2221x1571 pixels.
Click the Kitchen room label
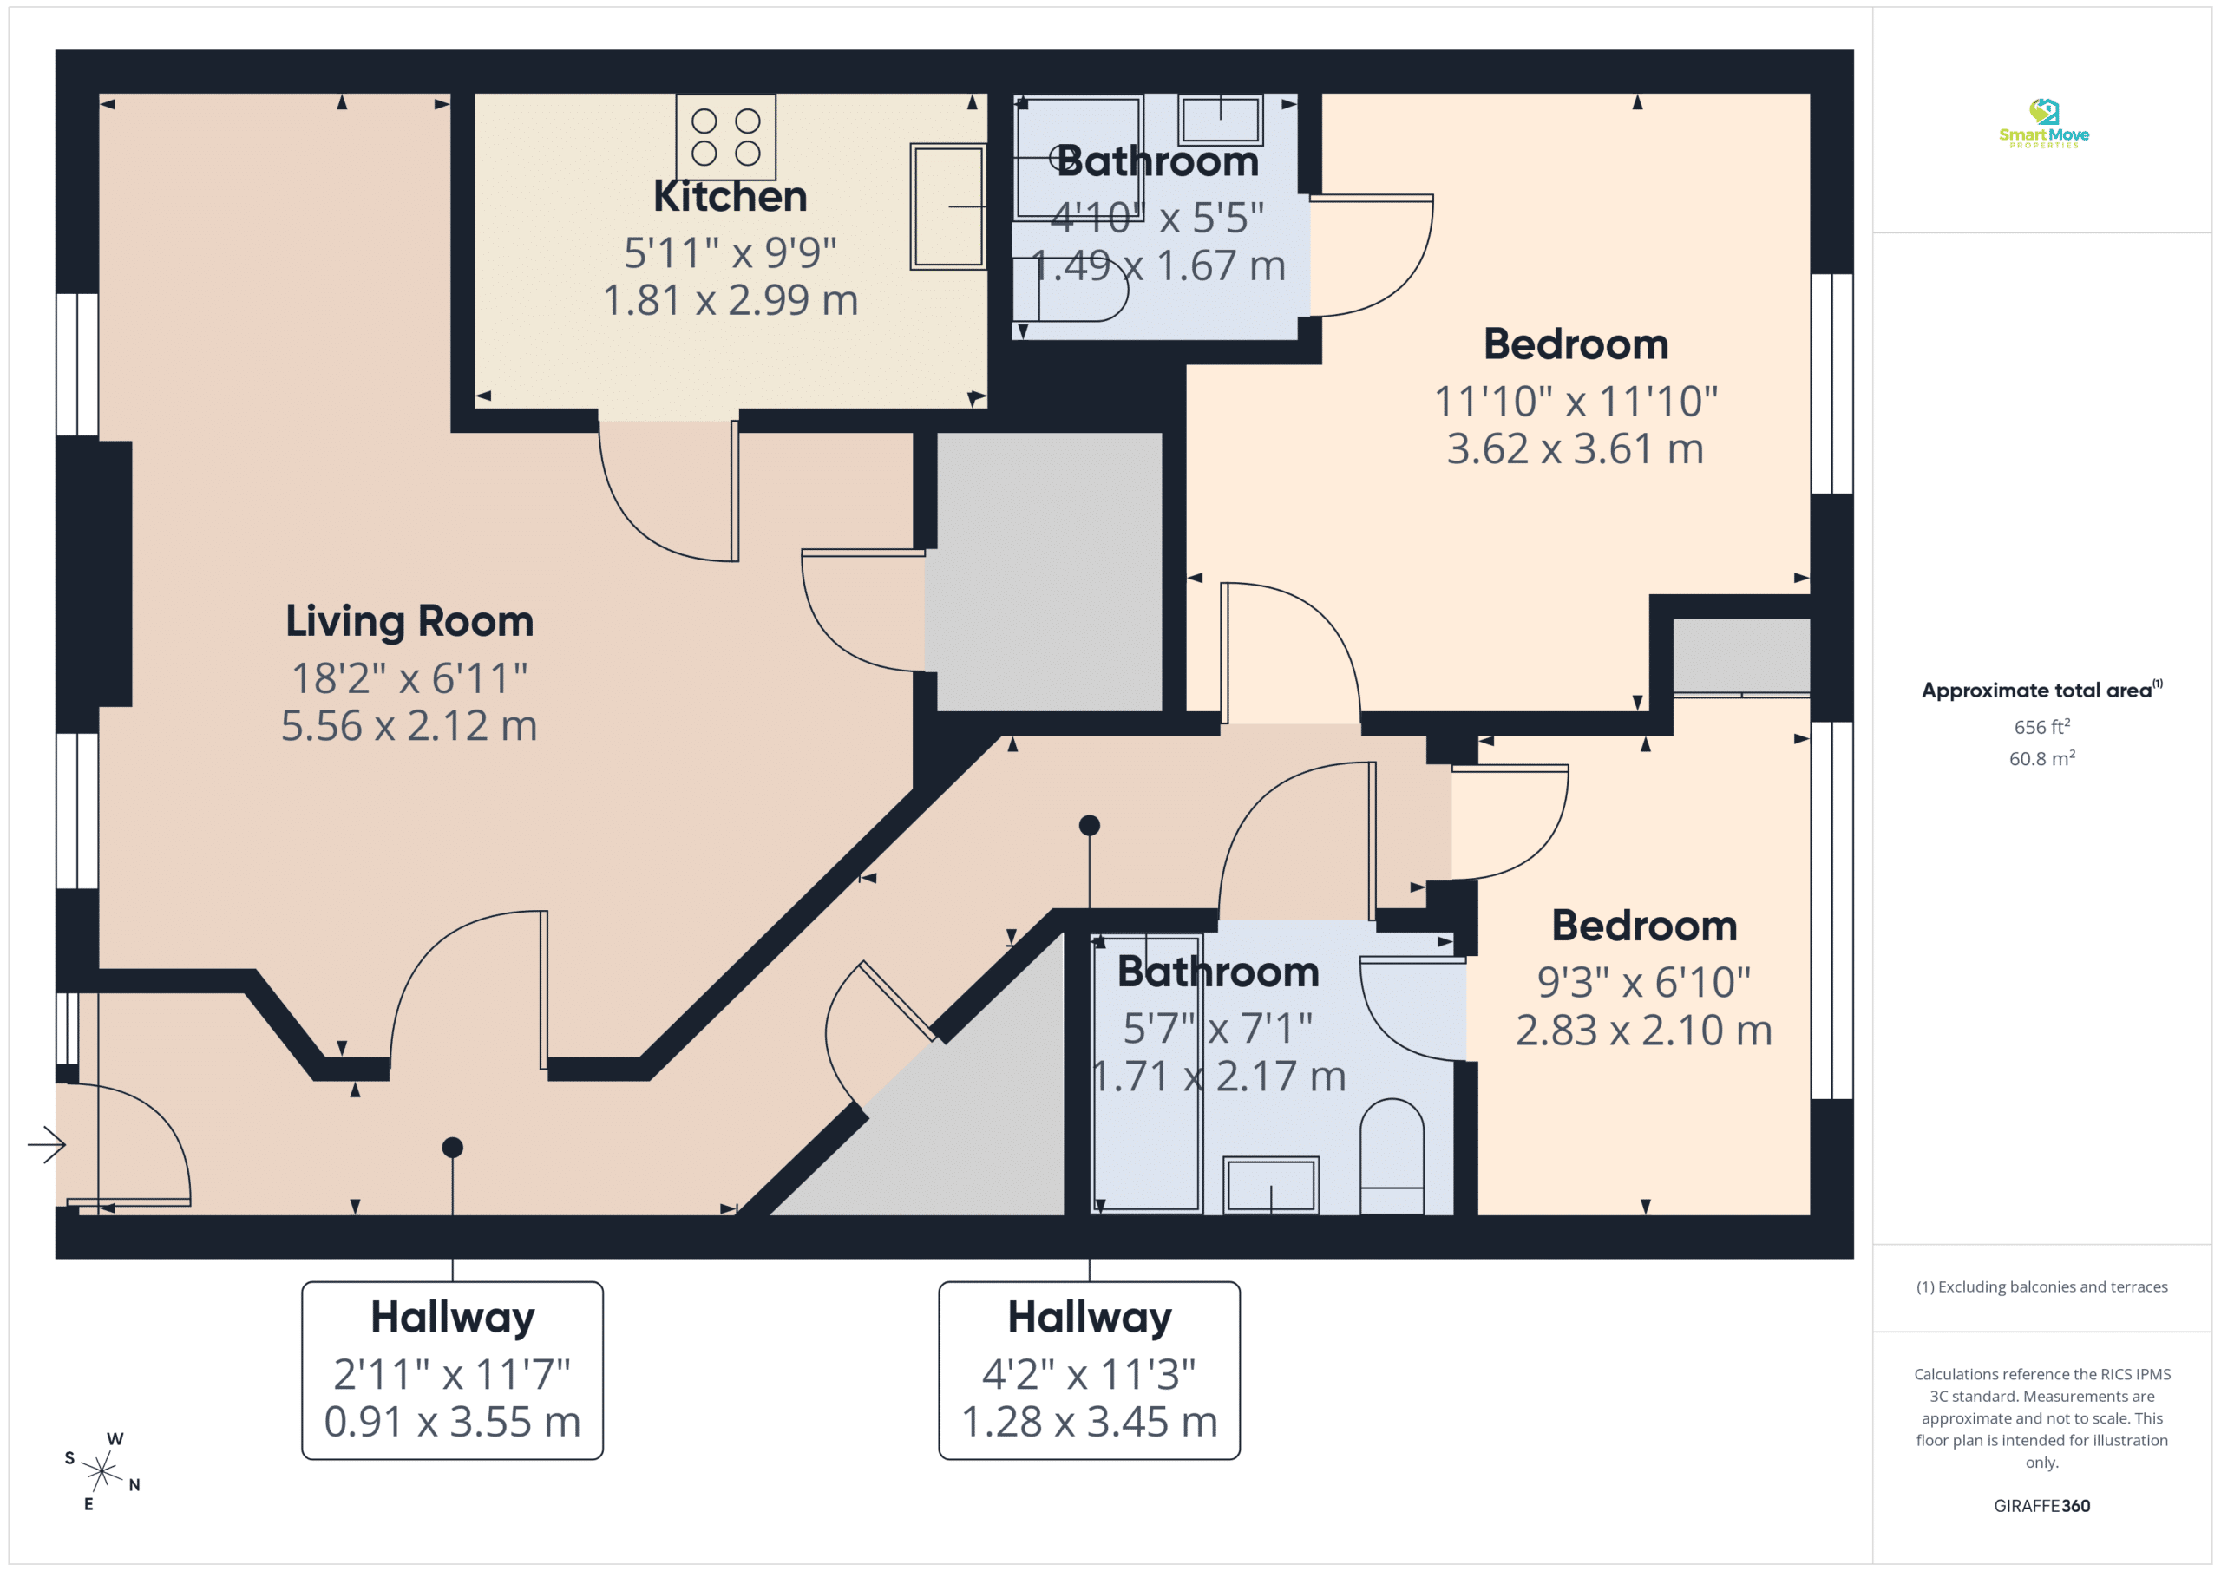tap(731, 196)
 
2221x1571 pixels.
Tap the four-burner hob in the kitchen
tap(725, 136)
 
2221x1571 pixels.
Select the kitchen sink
tap(948, 206)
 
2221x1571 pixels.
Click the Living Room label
tap(409, 622)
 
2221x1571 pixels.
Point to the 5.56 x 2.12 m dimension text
tap(409, 725)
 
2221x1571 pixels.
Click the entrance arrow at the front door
tap(47, 1145)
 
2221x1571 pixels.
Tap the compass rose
tap(102, 1471)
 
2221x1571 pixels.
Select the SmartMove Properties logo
tap(2044, 124)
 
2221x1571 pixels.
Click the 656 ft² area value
tap(2042, 726)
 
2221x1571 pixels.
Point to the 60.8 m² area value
tap(2042, 758)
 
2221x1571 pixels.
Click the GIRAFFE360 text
tap(2042, 1505)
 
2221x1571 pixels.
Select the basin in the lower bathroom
tap(1271, 1185)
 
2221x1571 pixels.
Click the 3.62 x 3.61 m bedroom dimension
tap(1576, 448)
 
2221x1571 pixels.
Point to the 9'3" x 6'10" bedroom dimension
tap(1644, 983)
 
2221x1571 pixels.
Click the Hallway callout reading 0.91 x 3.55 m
tap(453, 1370)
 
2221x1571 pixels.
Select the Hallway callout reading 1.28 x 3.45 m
tap(1089, 1370)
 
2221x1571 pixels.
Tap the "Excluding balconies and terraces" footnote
tap(2042, 1286)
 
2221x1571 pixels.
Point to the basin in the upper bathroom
tap(1221, 120)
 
